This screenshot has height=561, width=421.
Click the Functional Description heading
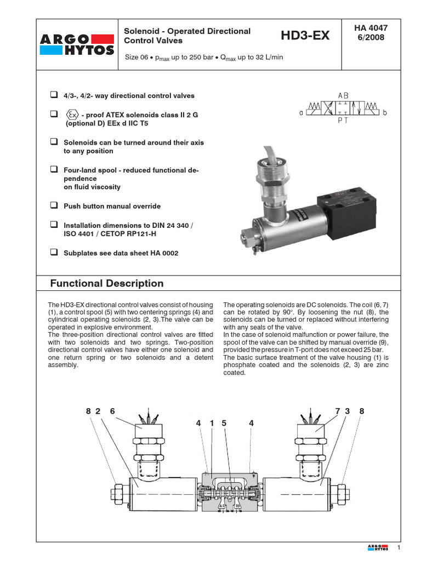click(107, 283)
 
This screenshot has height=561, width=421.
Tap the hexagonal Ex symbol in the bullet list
click(72, 115)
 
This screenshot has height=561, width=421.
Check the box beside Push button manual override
click(54, 206)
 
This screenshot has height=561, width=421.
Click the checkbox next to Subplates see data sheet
click(54, 253)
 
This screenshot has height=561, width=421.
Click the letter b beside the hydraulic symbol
click(385, 113)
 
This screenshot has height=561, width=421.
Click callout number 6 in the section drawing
click(113, 411)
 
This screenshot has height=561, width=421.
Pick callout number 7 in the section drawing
click(338, 411)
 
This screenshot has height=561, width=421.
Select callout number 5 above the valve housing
click(224, 423)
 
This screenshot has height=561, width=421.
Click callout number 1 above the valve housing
click(211, 423)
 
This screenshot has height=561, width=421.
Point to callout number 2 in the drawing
click(98, 411)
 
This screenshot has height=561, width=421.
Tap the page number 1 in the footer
click(399, 548)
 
